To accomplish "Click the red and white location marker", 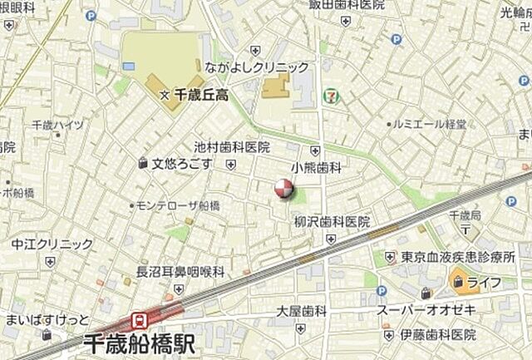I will [x=284, y=189].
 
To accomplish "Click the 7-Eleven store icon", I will [x=332, y=96].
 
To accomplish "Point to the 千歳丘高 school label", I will [x=200, y=96].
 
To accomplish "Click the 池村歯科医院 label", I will [x=232, y=147].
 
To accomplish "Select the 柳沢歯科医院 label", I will [x=332, y=222].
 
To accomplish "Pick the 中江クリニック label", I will [x=52, y=244].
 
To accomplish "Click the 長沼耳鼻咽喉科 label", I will [x=180, y=271].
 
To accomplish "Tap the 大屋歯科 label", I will [x=302, y=311].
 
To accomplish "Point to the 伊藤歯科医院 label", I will [x=437, y=334].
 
